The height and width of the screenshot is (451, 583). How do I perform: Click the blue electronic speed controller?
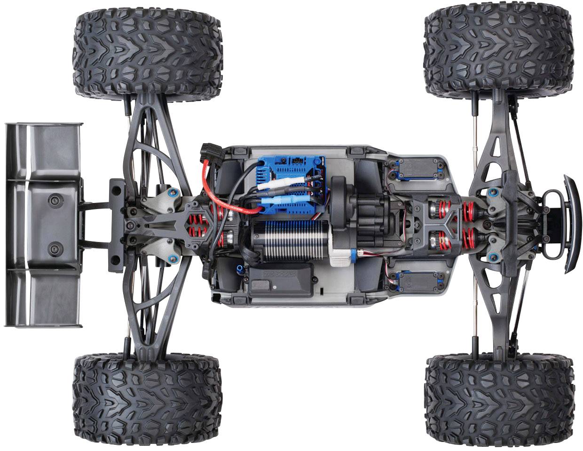pos(287,174)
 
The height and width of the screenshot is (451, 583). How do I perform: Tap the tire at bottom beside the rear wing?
pos(147,399)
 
